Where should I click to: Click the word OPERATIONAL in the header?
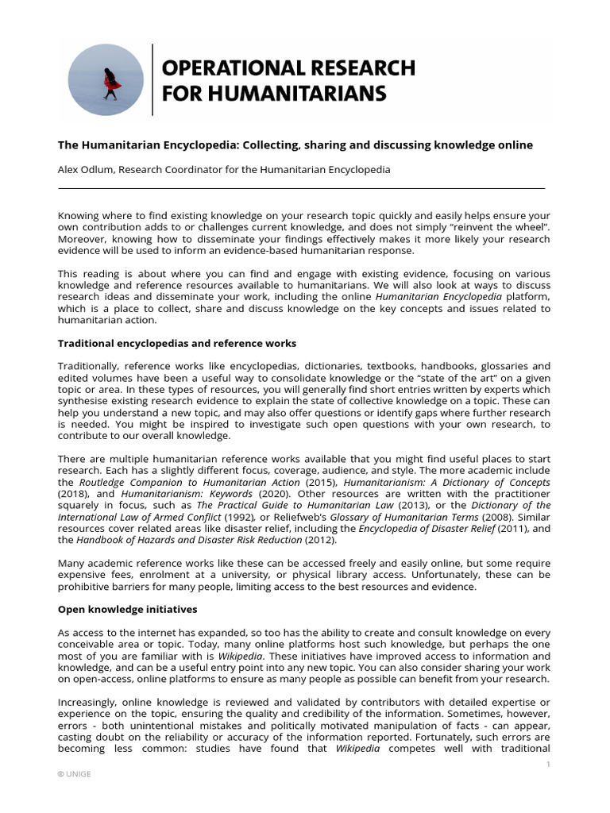click(x=229, y=67)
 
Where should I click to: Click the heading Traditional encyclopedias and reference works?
click(x=177, y=343)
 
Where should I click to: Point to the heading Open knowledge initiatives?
click(x=128, y=610)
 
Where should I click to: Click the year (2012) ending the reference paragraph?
click(x=324, y=540)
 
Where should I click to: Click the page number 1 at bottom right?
click(x=548, y=764)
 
